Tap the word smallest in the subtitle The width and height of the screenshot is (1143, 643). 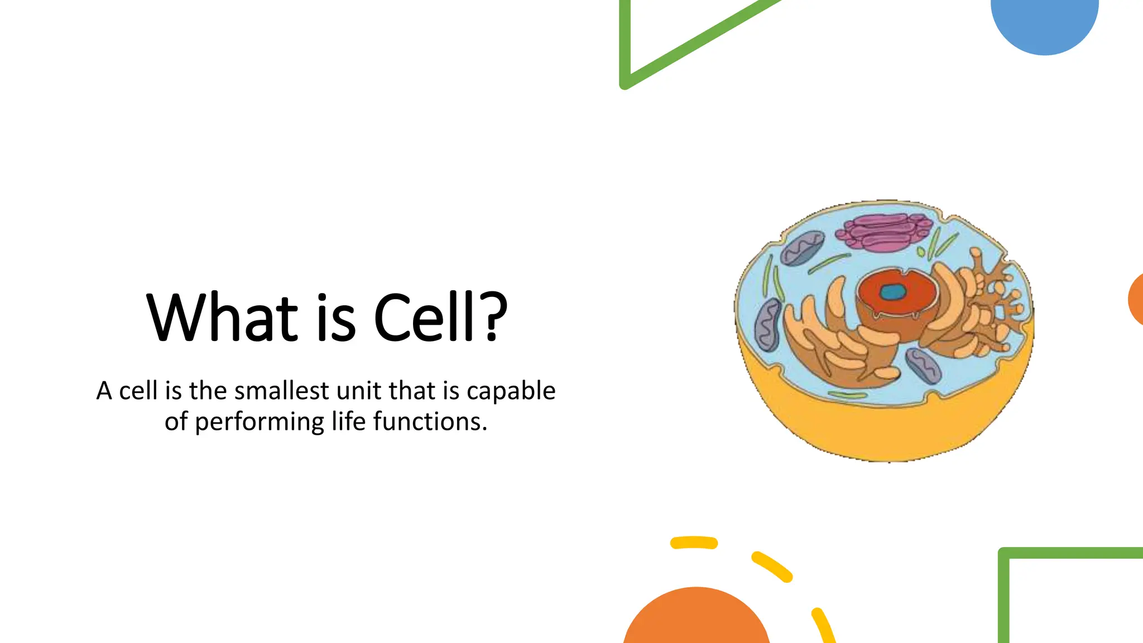[281, 391]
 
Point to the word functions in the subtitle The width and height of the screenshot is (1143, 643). [430, 421]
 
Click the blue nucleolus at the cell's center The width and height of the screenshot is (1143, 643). [893, 292]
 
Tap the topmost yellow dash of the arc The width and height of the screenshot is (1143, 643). [694, 543]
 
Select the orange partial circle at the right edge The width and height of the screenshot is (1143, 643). [1136, 300]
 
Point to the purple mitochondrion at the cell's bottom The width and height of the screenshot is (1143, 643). [923, 366]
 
